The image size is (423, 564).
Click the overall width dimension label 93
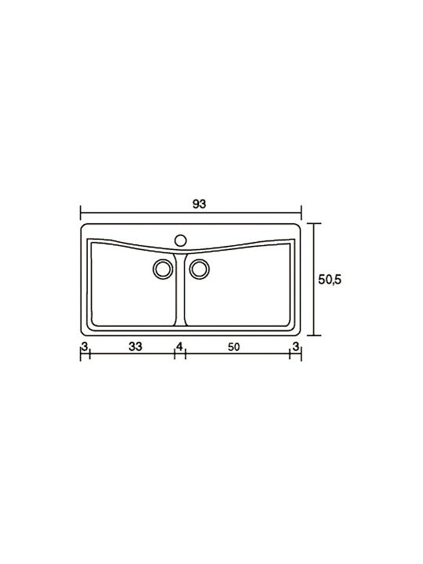[x=199, y=204]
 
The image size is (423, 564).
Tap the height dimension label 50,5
[x=330, y=280]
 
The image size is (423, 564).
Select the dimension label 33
[x=136, y=346]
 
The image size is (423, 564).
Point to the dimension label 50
[x=233, y=347]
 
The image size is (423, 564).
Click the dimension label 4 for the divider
[x=179, y=346]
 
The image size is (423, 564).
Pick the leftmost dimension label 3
[x=85, y=346]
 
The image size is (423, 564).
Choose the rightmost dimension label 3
[x=295, y=346]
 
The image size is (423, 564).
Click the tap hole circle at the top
[x=180, y=240]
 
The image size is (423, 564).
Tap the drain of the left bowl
[x=163, y=269]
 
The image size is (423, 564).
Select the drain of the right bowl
[x=199, y=269]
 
